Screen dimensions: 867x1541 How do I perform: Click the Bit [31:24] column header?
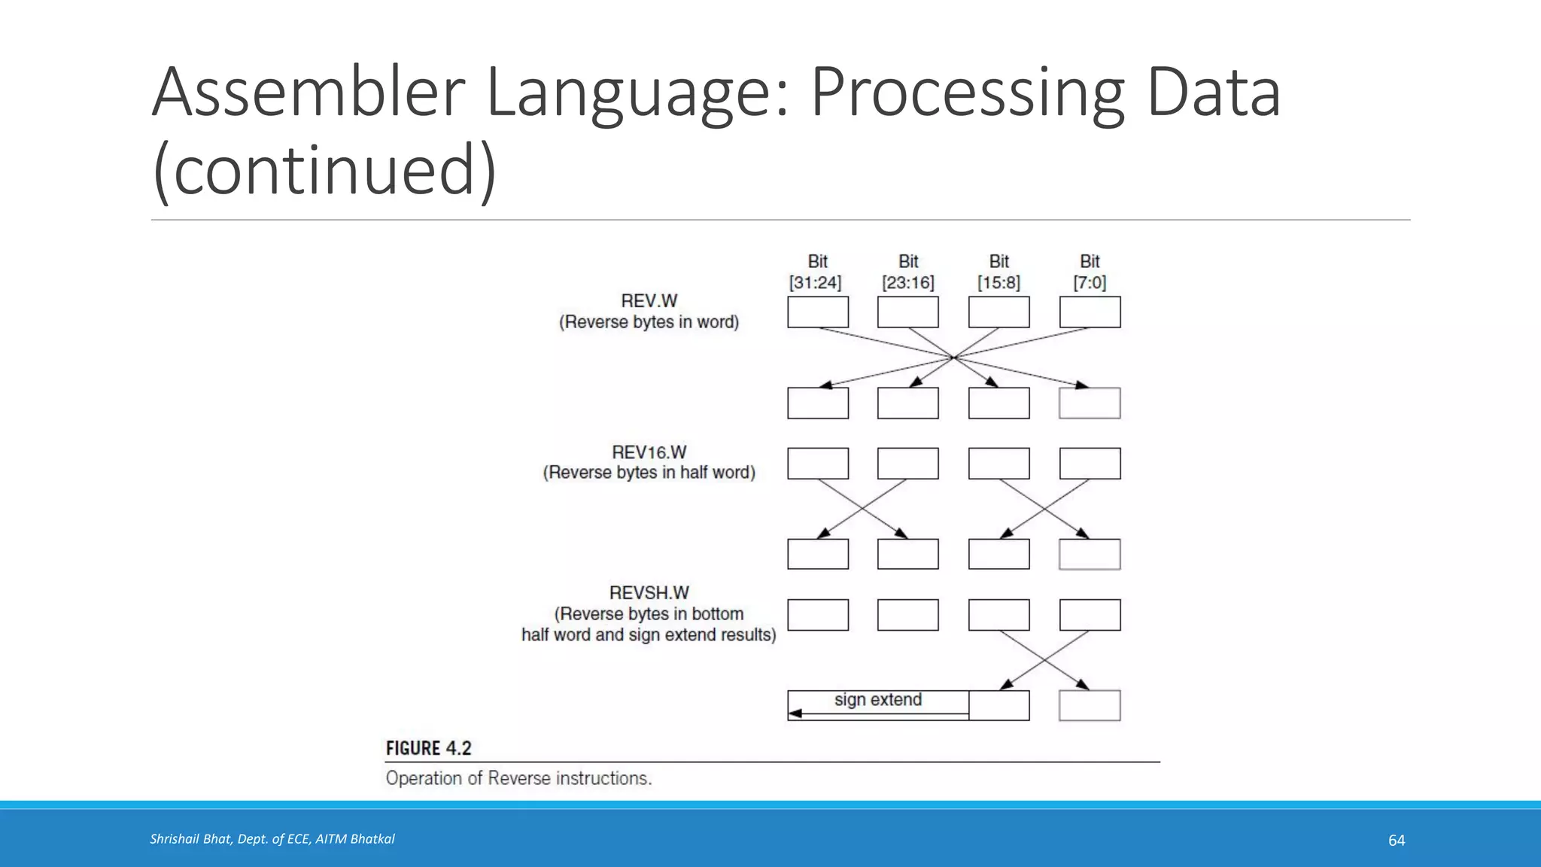tap(816, 272)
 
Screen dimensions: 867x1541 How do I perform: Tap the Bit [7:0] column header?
tap(1090, 272)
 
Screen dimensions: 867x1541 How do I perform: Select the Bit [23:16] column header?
tap(907, 272)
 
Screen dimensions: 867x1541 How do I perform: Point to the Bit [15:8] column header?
tap(998, 272)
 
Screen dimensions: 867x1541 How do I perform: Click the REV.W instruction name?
tap(649, 301)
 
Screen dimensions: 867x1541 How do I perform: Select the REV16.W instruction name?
tap(649, 452)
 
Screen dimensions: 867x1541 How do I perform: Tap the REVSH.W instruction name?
tap(649, 593)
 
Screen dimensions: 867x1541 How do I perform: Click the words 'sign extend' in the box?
tap(877, 700)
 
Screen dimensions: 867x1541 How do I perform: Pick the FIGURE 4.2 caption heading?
tap(428, 748)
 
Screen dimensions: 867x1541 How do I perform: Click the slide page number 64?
tap(1396, 840)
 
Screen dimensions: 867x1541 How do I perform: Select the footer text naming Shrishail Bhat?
tap(272, 839)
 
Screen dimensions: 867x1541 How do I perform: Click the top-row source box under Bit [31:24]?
tap(818, 312)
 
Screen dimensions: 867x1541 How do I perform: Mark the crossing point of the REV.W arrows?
tap(953, 357)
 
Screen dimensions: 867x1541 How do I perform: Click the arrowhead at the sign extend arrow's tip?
tap(795, 713)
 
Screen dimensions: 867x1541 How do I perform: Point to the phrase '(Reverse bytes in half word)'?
tap(649, 473)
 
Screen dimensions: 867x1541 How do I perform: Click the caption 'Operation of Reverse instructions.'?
tap(518, 778)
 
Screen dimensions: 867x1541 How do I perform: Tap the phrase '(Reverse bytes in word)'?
tap(649, 322)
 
